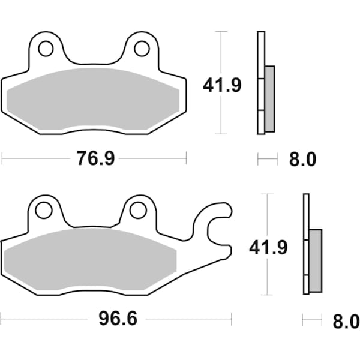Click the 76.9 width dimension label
click(95, 158)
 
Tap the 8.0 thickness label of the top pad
click(302, 159)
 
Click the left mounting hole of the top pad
click(46, 48)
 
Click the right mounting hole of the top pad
click(141, 48)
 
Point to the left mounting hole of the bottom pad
click(43, 210)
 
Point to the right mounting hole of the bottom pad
click(138, 210)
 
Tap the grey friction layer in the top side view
click(269, 98)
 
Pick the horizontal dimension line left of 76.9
click(36, 159)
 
